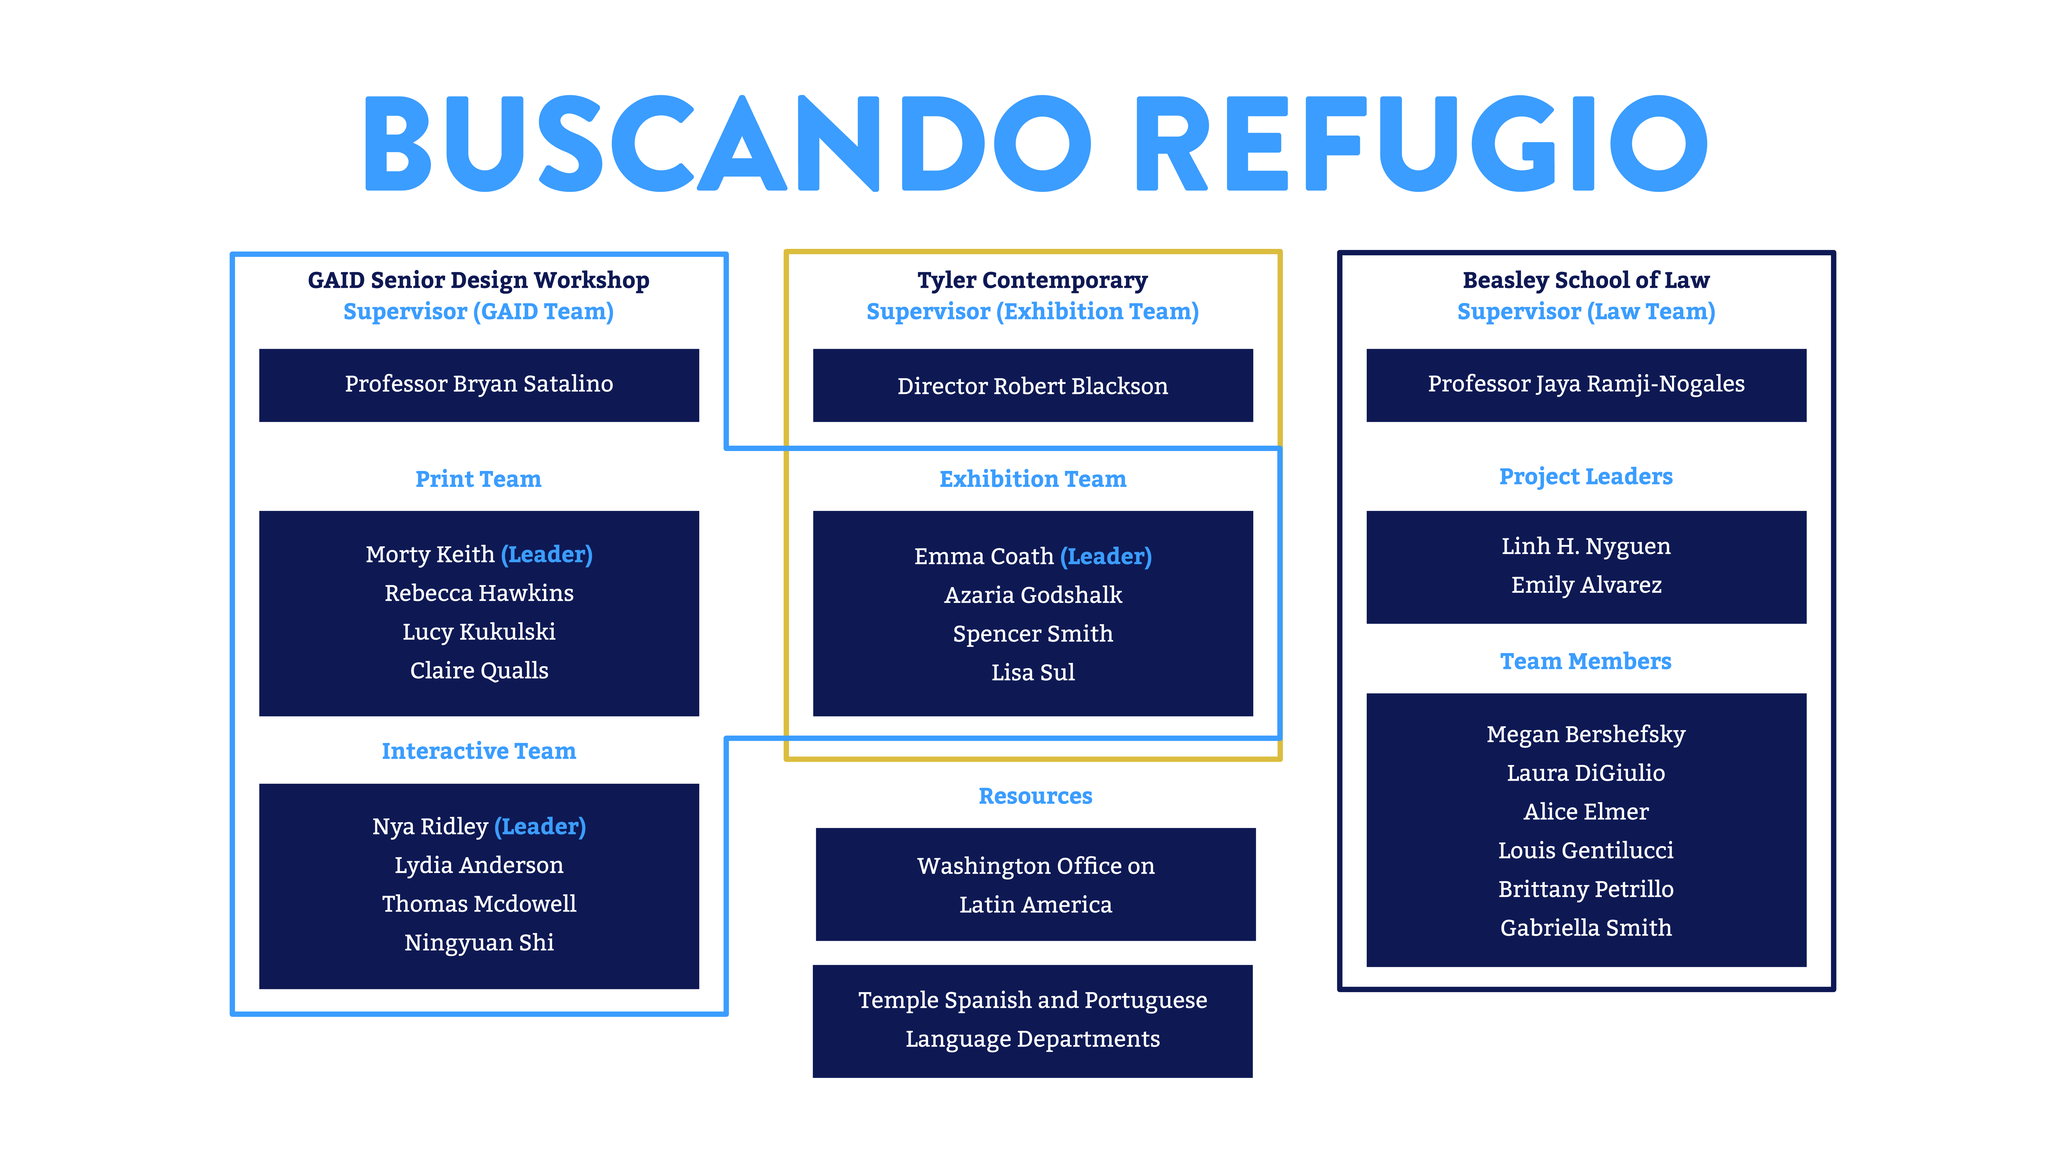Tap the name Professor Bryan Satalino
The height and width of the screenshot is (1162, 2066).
click(479, 384)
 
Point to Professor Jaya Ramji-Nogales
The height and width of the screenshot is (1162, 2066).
click(1586, 384)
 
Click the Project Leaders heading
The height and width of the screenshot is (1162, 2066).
click(1586, 476)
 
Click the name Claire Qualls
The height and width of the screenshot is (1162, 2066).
click(479, 670)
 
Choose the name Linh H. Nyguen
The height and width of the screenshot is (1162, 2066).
click(1586, 546)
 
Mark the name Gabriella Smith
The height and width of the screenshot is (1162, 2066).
click(1586, 928)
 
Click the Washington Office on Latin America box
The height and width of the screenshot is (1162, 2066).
click(1035, 884)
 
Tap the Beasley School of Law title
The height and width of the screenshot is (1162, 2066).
click(1586, 280)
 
